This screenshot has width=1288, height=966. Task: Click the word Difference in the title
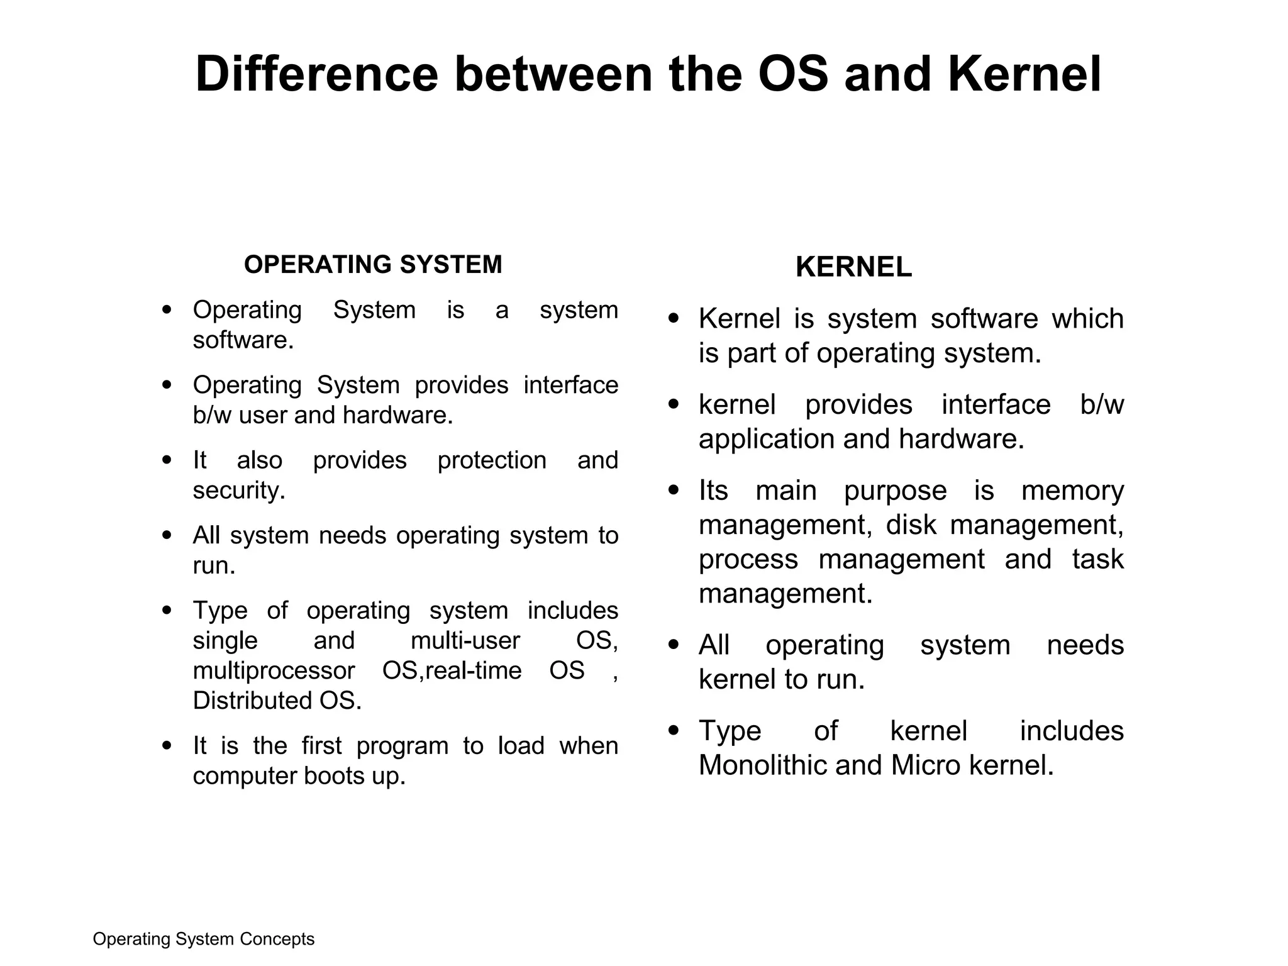(x=316, y=75)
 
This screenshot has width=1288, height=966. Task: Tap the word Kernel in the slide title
(x=1024, y=75)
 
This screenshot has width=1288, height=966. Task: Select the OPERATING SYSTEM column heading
(x=373, y=265)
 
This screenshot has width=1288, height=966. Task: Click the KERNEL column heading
(x=853, y=268)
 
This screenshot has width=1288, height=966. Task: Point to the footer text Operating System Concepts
(x=203, y=939)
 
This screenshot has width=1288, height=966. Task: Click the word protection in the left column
(x=492, y=460)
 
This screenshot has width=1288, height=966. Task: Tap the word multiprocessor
(x=274, y=670)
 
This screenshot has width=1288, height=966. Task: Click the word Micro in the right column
(x=926, y=765)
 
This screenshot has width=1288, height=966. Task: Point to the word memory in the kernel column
(x=1072, y=491)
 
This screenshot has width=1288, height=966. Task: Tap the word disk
(x=911, y=525)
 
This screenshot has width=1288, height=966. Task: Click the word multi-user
(x=465, y=641)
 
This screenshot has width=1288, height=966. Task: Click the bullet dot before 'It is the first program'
(x=167, y=746)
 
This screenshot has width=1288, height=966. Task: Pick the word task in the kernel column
(x=1097, y=559)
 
